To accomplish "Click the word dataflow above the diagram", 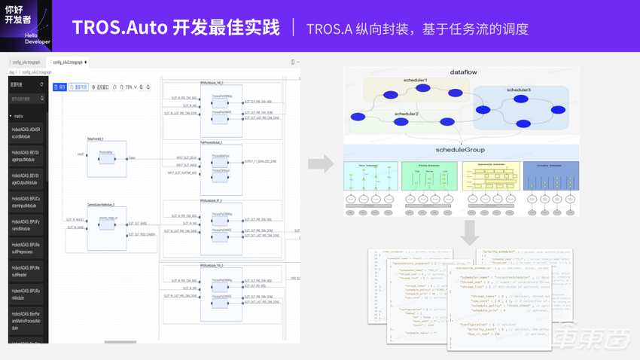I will [x=463, y=72].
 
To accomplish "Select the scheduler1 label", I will [x=415, y=80].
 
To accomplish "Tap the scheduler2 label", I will [x=406, y=114].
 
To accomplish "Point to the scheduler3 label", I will [x=518, y=90].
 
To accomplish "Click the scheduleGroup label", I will [x=460, y=150].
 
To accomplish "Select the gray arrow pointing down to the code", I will [x=469, y=233].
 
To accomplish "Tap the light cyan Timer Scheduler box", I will [x=370, y=176].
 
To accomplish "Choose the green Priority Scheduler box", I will [x=429, y=176].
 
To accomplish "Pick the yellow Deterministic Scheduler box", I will [x=490, y=176].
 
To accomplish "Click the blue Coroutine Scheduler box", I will [x=551, y=176].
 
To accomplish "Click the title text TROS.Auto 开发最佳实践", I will [x=175, y=28].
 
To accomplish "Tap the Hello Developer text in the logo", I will [x=36, y=38].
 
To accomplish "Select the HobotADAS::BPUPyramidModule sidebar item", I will [x=26, y=225].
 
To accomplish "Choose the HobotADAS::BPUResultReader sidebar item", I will [x=26, y=271].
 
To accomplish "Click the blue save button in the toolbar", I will [x=59, y=87].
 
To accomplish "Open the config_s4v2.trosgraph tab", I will [x=68, y=63].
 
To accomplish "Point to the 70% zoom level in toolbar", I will [x=130, y=87].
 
